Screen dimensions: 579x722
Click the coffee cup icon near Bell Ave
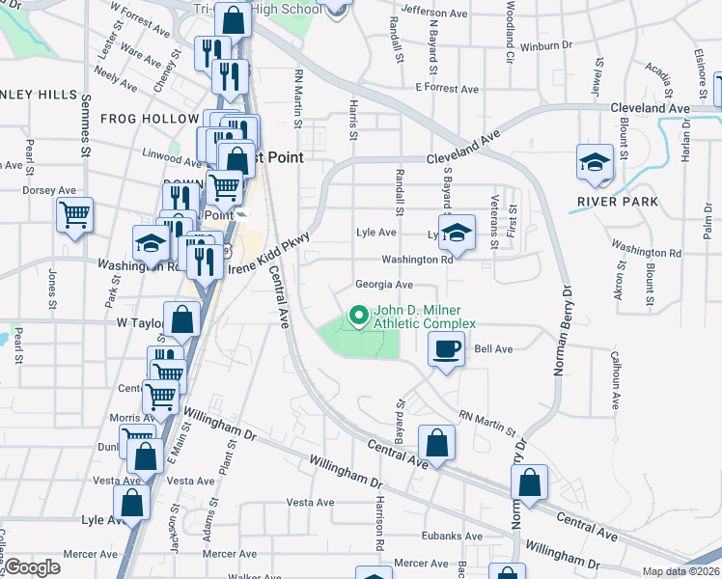click(x=446, y=349)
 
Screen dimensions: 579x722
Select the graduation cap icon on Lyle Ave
click(x=458, y=233)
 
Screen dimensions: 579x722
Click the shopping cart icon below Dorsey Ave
click(x=74, y=214)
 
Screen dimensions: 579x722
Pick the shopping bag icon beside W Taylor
click(x=181, y=319)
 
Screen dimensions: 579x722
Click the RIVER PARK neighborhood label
click(x=618, y=202)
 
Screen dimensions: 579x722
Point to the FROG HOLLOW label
click(x=149, y=119)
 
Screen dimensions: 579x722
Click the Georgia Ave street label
click(x=383, y=285)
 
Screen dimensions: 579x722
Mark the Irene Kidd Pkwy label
click(x=261, y=255)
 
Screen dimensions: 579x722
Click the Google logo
click(x=32, y=567)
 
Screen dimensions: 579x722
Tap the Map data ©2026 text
click(x=680, y=571)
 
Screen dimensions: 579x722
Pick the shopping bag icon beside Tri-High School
click(x=234, y=19)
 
